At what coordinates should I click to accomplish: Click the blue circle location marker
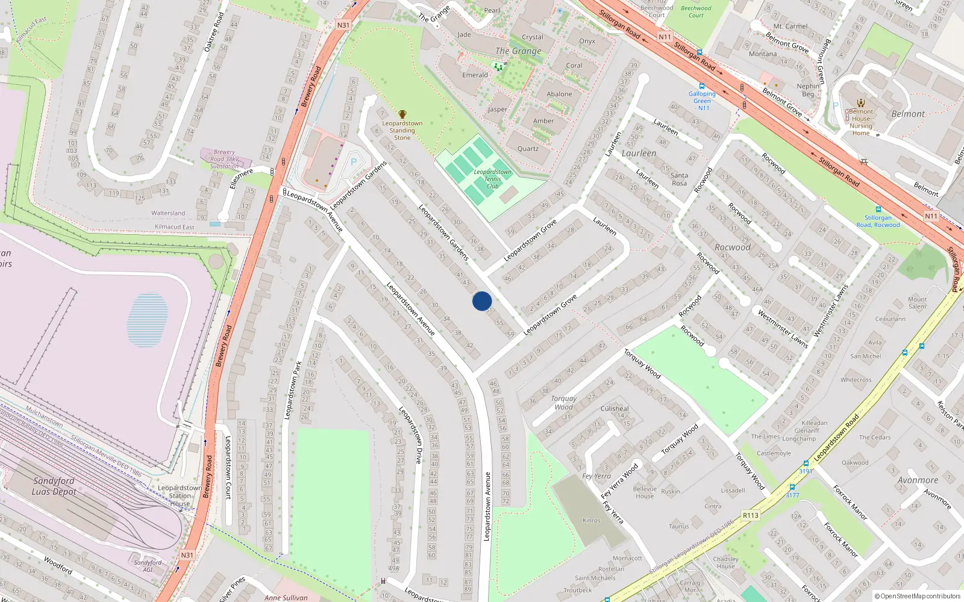pos(482,301)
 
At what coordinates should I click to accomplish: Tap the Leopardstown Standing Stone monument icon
pos(402,114)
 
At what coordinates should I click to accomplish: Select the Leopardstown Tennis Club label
pos(492,179)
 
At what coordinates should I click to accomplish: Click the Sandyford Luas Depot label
pos(54,486)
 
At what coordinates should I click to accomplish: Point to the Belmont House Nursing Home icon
pos(861,103)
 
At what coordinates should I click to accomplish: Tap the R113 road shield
pos(751,515)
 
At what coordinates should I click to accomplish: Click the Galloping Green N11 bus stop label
pos(702,101)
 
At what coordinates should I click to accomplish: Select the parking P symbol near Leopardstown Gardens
pos(354,161)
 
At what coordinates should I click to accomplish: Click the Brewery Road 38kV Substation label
pos(224,160)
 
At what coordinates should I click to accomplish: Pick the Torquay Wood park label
pos(563,402)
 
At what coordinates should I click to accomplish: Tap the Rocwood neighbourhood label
pos(733,247)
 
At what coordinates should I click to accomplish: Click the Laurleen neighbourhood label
pos(639,154)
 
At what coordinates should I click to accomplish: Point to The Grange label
pos(518,51)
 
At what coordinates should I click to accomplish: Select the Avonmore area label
pos(918,480)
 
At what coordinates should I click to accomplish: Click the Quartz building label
pos(528,149)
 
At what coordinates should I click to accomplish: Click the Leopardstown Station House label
pos(180,496)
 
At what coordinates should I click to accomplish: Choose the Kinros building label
pos(591,520)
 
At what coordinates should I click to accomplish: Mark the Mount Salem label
pos(917,303)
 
